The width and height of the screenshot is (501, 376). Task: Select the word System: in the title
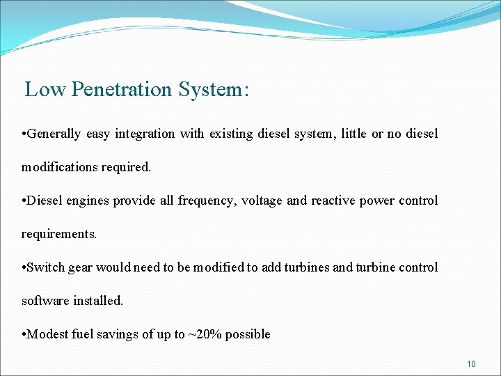point(214,90)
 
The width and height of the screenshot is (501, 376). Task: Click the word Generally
point(54,134)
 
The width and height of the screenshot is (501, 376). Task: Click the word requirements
point(59,234)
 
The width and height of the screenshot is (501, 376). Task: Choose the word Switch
point(47,267)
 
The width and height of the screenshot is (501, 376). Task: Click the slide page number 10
point(471,363)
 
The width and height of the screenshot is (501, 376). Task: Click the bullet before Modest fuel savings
point(24,334)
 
